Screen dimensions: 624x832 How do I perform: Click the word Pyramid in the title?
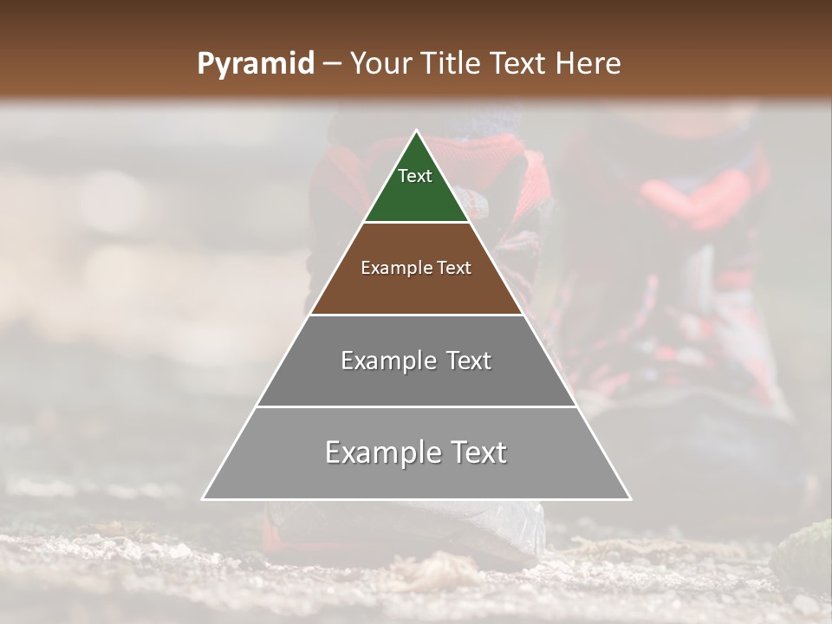(255, 64)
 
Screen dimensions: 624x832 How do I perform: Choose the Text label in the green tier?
(415, 176)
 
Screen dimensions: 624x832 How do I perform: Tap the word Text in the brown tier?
(454, 268)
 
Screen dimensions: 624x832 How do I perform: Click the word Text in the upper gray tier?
(468, 361)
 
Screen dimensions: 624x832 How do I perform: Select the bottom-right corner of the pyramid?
(629, 498)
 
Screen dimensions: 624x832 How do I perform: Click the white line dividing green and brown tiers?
(417, 223)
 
